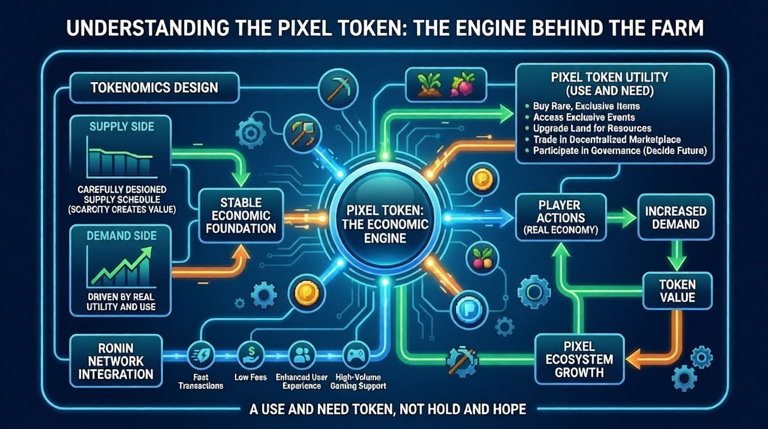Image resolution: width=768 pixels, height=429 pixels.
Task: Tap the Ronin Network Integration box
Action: (116, 360)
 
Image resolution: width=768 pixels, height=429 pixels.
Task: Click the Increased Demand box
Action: (675, 218)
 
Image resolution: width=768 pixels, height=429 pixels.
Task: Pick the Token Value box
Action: (677, 290)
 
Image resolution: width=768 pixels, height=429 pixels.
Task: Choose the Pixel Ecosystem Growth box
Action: (579, 359)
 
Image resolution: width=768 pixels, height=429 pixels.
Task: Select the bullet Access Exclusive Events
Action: (584, 117)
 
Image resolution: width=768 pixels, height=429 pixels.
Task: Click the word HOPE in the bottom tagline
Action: (505, 409)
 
